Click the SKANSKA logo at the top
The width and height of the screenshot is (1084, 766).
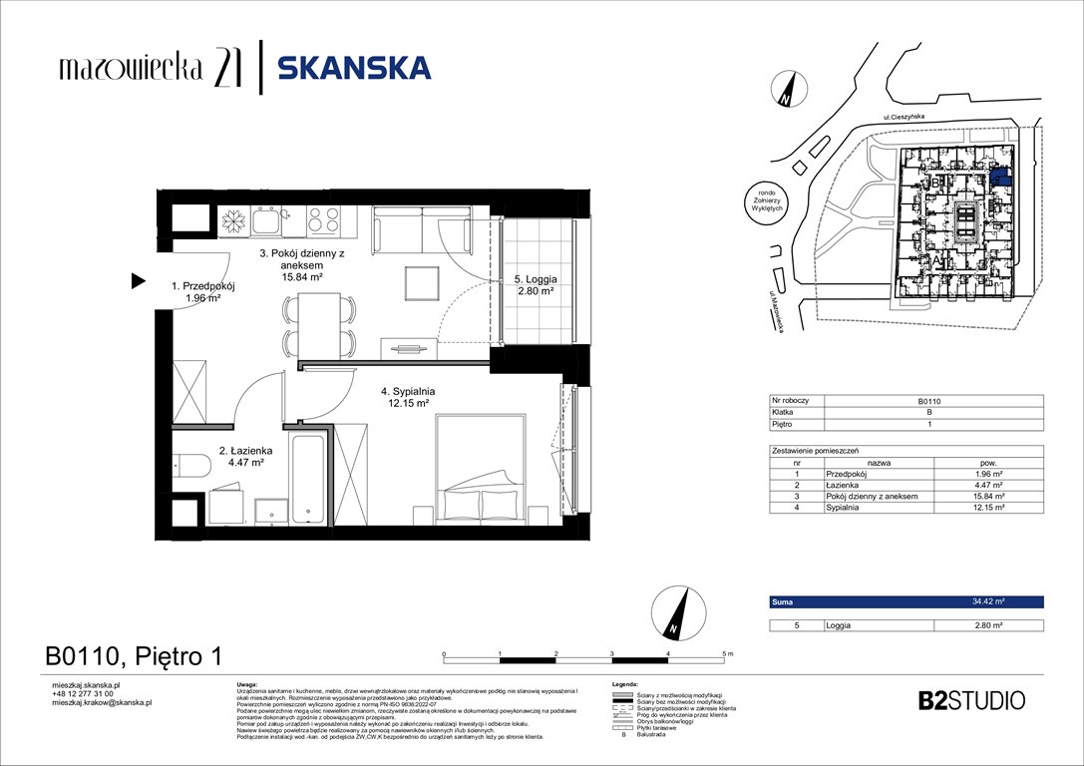(x=353, y=68)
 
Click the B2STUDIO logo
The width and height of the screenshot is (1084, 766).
(x=970, y=700)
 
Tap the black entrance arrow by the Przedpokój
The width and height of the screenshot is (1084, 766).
(x=138, y=283)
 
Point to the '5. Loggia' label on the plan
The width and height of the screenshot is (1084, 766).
(x=536, y=287)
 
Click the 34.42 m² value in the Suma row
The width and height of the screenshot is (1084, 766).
(x=988, y=602)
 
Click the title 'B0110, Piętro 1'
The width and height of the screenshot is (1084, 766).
(x=133, y=655)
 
